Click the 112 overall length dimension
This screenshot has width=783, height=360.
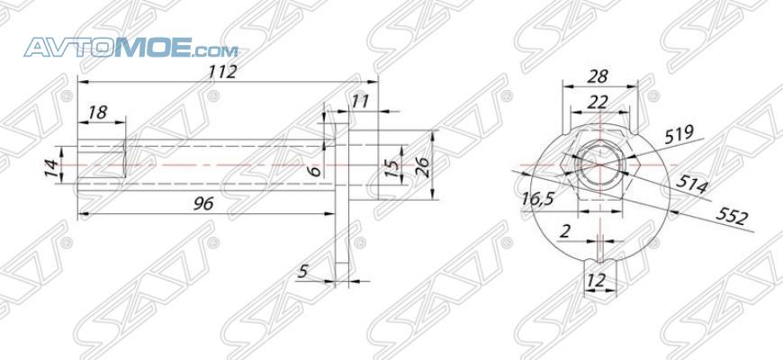(x=222, y=71)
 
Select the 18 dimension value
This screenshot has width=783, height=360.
(x=97, y=112)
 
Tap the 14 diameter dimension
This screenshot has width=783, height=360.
(x=51, y=166)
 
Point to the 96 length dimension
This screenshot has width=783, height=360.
(x=203, y=203)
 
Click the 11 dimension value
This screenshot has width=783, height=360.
(x=359, y=102)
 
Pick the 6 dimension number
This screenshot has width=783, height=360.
(x=314, y=171)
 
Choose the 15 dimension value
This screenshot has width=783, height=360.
(x=393, y=169)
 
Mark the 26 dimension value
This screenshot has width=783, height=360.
(x=421, y=167)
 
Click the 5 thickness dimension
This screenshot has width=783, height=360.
(x=302, y=271)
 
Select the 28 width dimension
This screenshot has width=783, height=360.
(x=598, y=76)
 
